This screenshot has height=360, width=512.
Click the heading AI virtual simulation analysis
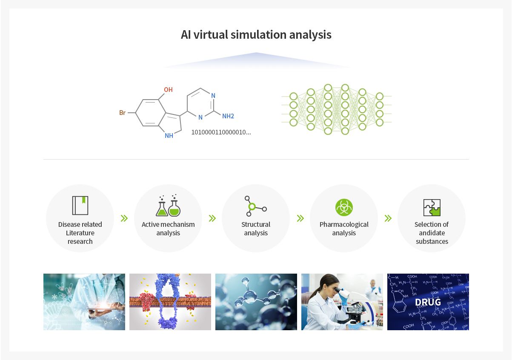256,35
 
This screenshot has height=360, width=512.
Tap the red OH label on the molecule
168,90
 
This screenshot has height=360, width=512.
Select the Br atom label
122,113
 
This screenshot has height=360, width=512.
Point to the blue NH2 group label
228,116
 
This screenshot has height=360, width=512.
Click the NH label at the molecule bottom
169,136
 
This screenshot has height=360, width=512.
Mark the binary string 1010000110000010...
221,132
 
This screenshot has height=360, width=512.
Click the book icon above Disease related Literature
80,206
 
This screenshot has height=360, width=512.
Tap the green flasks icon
168,206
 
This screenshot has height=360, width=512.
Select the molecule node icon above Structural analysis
255,206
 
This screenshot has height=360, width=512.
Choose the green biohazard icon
344,207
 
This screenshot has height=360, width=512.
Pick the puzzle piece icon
432,208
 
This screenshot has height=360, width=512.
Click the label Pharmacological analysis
344,229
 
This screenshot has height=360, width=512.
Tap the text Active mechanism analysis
168,229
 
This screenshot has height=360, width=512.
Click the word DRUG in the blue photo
428,302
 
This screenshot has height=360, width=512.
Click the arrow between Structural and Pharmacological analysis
300,218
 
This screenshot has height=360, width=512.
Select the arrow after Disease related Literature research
124,218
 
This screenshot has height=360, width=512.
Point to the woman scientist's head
330,286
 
